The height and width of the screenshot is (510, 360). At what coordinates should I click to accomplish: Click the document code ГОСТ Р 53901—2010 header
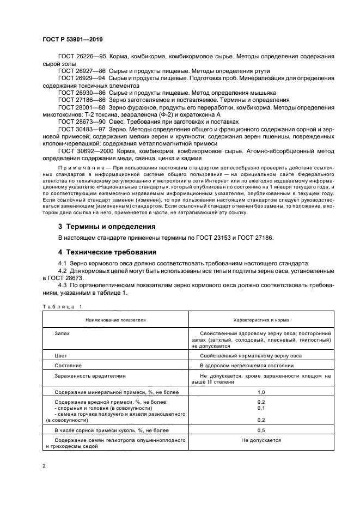[72, 40]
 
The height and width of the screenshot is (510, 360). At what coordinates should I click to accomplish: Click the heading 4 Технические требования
[107, 252]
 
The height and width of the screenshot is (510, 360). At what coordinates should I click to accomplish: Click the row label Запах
[62, 332]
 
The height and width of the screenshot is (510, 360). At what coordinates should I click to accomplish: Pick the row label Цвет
[60, 355]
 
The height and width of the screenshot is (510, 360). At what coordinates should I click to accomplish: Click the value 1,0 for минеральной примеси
[260, 392]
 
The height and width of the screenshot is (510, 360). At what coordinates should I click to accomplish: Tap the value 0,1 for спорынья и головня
[260, 408]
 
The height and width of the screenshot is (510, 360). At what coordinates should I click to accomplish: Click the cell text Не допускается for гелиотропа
[261, 439]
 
